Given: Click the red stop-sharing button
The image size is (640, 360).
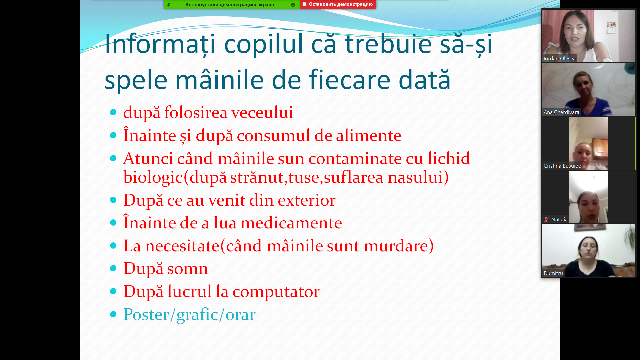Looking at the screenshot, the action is click(x=338, y=4).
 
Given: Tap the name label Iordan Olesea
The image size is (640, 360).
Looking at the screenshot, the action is click(x=559, y=59).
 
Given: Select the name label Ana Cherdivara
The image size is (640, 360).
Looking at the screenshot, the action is click(x=561, y=112).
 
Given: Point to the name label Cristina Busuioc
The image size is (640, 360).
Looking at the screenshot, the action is click(x=562, y=166).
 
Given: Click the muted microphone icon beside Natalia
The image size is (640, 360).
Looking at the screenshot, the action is click(x=546, y=219).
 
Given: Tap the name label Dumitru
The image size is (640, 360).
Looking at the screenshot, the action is click(x=553, y=273).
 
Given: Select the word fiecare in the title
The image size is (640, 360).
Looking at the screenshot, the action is click(x=350, y=80).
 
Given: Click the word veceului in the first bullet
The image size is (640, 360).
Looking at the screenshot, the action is click(x=262, y=112).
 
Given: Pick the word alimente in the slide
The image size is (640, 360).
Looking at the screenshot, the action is click(x=368, y=136).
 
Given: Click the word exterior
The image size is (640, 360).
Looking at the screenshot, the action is click(x=307, y=200).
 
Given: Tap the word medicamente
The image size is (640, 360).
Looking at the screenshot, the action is click(x=291, y=223).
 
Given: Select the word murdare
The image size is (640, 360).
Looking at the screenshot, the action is click(x=396, y=246).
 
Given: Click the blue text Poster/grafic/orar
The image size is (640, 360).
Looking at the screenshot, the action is click(x=189, y=315).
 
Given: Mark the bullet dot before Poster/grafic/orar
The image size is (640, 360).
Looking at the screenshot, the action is click(x=113, y=314).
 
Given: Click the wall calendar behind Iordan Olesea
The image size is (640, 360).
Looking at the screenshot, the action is click(x=611, y=28).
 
